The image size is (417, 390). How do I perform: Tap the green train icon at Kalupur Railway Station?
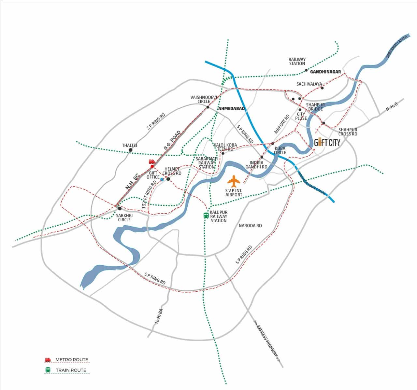[x=206, y=216]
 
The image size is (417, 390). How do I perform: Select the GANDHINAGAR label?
[x=325, y=72]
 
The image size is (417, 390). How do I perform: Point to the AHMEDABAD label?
[x=231, y=108]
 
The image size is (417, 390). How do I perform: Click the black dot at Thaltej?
[x=131, y=150]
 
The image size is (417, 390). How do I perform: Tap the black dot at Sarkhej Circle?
[x=120, y=208]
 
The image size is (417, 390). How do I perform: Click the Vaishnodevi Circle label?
[x=200, y=99]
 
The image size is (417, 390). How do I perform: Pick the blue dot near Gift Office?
[x=162, y=179]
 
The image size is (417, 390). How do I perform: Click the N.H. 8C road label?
[x=132, y=182]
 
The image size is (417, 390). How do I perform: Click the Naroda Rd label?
[x=250, y=225]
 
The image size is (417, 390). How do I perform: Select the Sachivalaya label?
[x=309, y=84]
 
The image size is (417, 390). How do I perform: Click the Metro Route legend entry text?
[x=72, y=360]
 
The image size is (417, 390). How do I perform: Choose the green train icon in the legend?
[x=48, y=370]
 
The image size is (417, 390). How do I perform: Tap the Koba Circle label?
[x=280, y=150]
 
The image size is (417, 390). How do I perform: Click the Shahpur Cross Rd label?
[x=348, y=132]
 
